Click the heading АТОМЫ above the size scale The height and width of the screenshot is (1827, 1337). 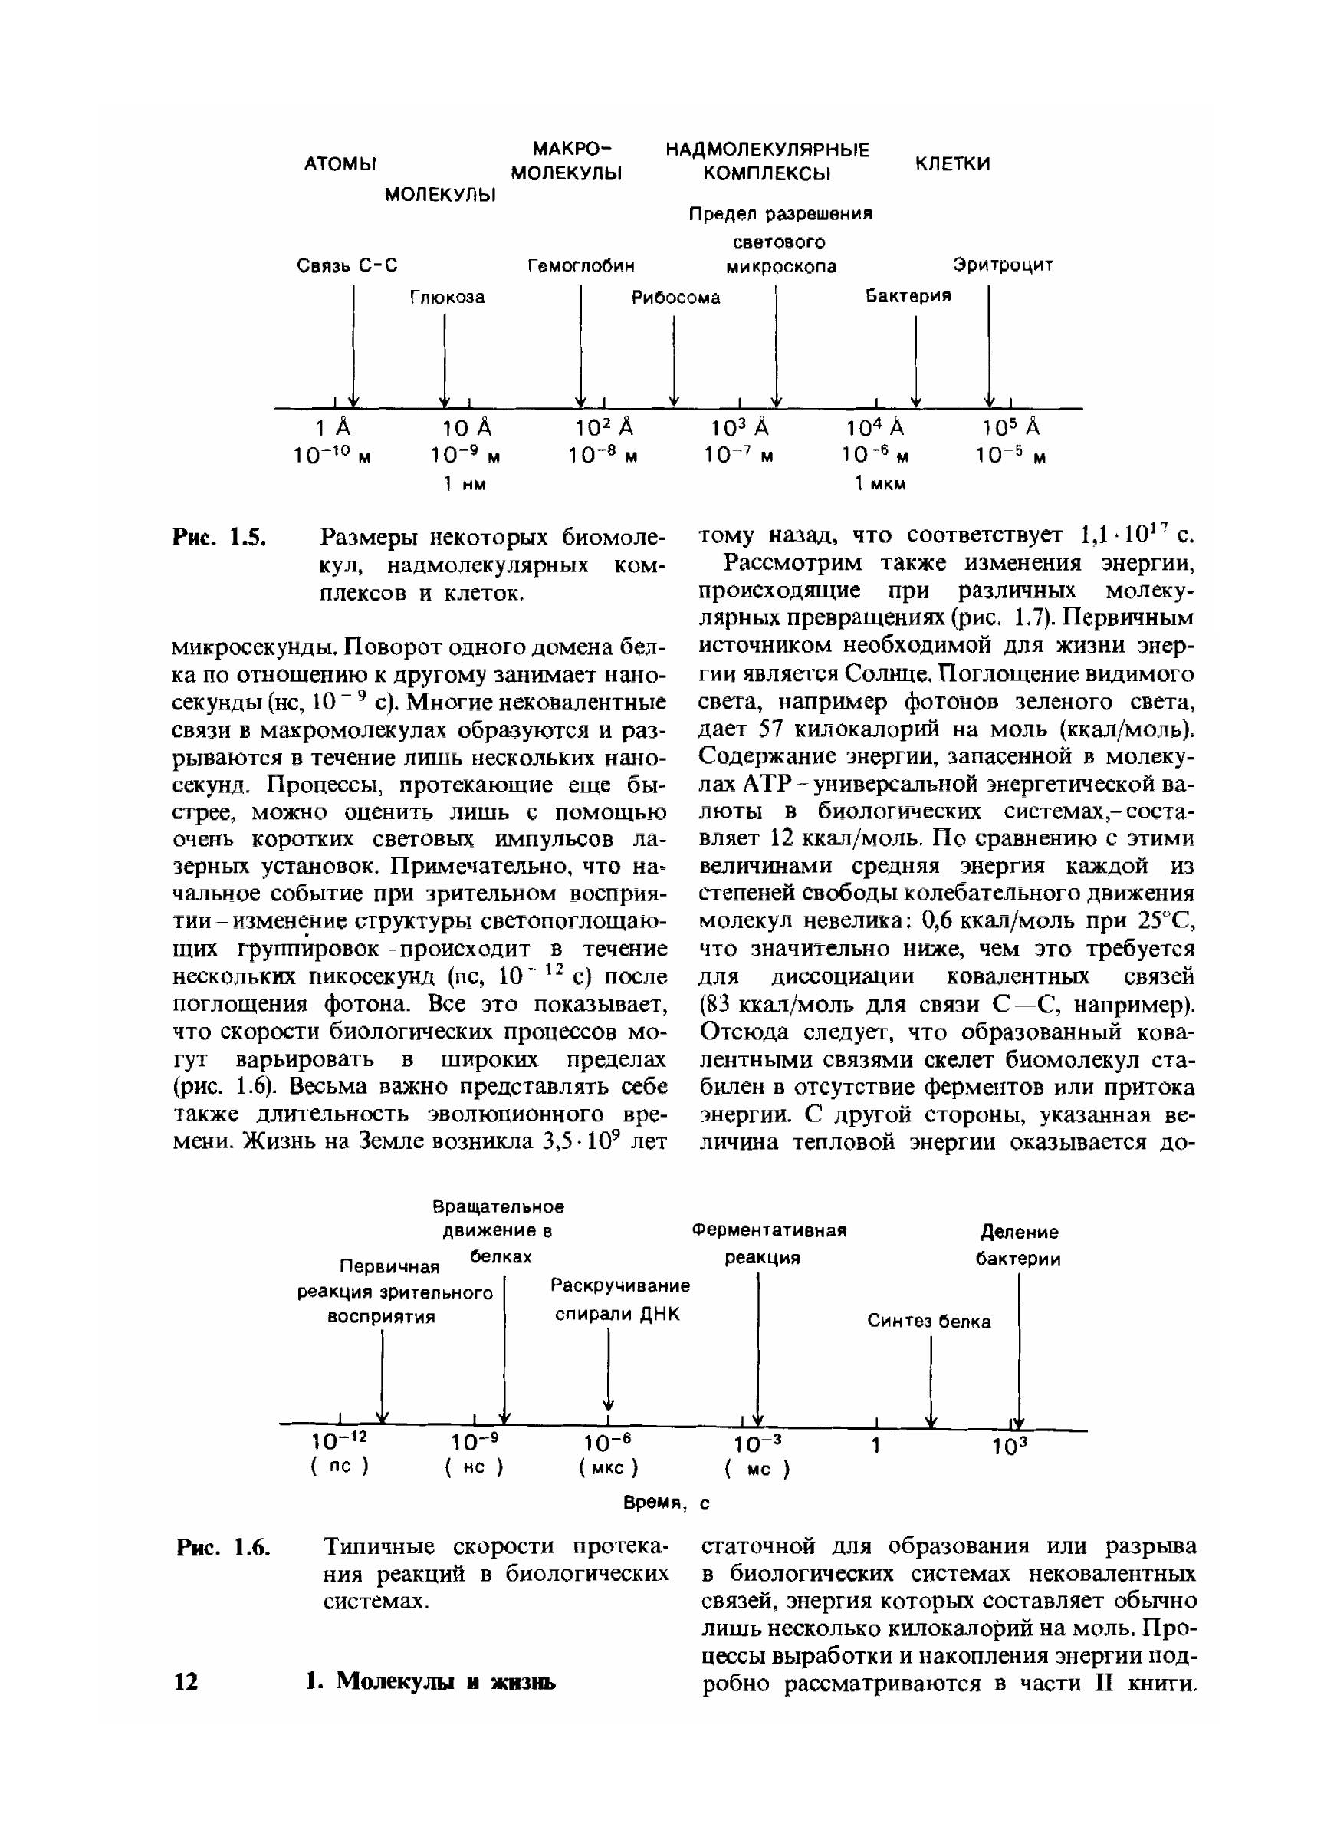(x=340, y=164)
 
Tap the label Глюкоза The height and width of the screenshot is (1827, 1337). (x=447, y=297)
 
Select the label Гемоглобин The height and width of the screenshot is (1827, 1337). (x=581, y=265)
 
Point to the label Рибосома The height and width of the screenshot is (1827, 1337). (x=676, y=298)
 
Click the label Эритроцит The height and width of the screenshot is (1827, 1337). (x=1003, y=265)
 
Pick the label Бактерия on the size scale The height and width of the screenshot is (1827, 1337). (x=908, y=296)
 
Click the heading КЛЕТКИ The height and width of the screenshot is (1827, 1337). (x=953, y=163)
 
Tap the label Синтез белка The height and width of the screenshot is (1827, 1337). (x=929, y=1321)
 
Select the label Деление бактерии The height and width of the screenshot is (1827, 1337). (x=1018, y=1246)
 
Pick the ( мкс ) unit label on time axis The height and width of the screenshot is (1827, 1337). (x=608, y=1467)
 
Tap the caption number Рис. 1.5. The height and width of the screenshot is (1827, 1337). (x=219, y=537)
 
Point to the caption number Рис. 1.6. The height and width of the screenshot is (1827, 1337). (x=222, y=1547)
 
